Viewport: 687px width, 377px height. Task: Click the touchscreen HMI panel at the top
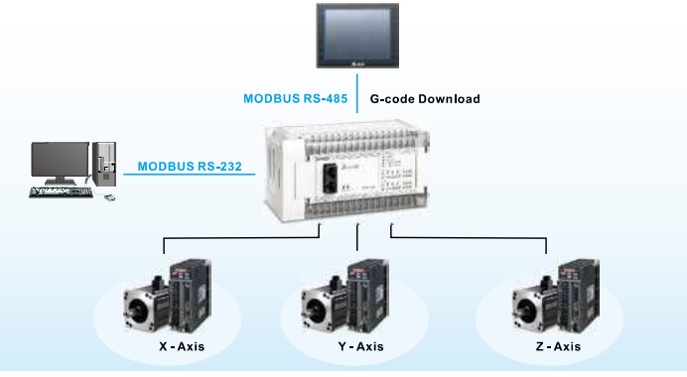pos(353,37)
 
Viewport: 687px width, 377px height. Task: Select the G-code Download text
pos(425,99)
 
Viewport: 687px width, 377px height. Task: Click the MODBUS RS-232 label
pos(188,166)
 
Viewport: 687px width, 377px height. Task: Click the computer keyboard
pos(63,192)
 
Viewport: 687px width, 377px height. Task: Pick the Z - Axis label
pos(552,347)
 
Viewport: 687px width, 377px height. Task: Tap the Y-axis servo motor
pos(324,302)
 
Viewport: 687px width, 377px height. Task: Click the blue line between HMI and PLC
pos(355,99)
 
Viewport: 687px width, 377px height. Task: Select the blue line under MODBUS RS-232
pos(189,176)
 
